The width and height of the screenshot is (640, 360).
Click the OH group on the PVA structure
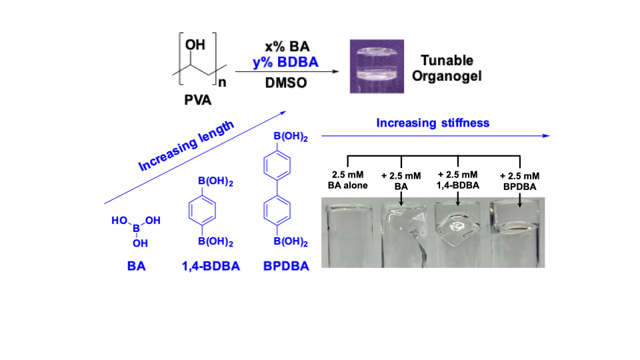pyautogui.click(x=195, y=45)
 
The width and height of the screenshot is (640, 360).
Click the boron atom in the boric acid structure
pyautogui.click(x=135, y=227)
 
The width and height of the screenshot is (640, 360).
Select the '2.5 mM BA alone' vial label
pyautogui.click(x=349, y=180)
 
